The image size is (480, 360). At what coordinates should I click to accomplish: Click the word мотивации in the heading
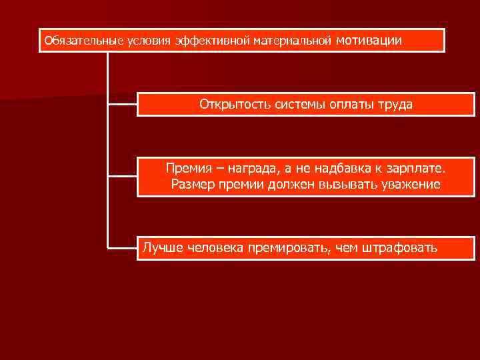369,41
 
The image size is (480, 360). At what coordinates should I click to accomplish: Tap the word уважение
408,185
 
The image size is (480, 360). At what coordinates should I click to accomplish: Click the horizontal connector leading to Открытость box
122,103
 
